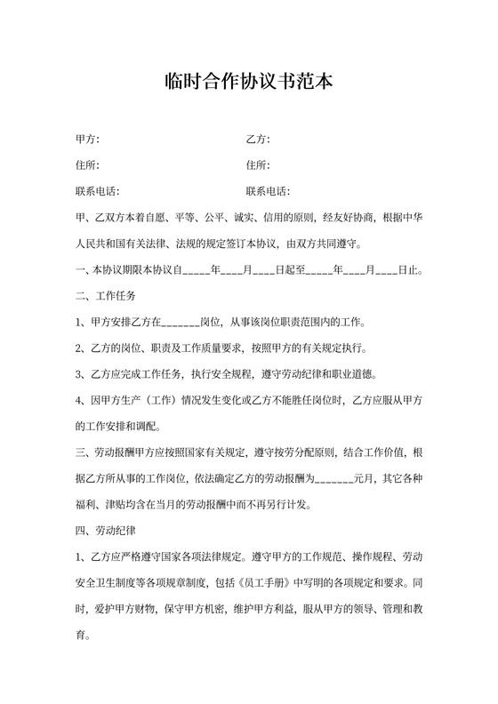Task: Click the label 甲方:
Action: pyautogui.click(x=87, y=140)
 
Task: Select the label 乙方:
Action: pyautogui.click(x=257, y=140)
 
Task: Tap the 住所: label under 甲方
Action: pyautogui.click(x=87, y=165)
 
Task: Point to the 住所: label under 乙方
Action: pyautogui.click(x=257, y=165)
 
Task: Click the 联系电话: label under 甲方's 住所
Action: pyautogui.click(x=97, y=191)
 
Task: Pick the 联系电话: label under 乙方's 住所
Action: pyautogui.click(x=267, y=191)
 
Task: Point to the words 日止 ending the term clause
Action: pyautogui.click(x=409, y=269)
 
